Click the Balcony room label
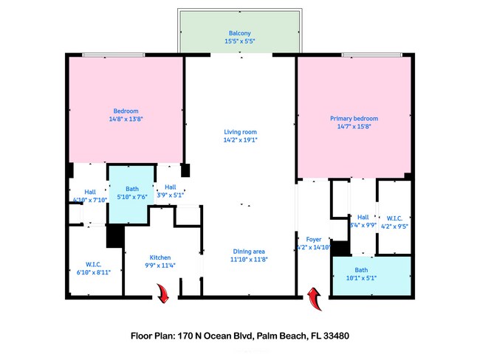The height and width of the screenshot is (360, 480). coord(239,33)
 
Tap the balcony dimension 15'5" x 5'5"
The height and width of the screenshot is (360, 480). coord(239,41)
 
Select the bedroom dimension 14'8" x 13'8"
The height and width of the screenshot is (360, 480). coord(125,119)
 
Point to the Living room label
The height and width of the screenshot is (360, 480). coord(240,131)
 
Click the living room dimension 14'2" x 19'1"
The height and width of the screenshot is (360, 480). coord(240,139)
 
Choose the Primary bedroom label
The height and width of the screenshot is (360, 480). coord(354,118)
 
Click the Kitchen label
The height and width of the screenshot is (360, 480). coord(160,257)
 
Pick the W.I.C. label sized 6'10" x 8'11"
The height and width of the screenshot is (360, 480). coord(93,263)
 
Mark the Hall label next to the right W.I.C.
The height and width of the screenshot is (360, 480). coord(363,217)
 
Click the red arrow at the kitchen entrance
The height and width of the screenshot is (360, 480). coord(162,295)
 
